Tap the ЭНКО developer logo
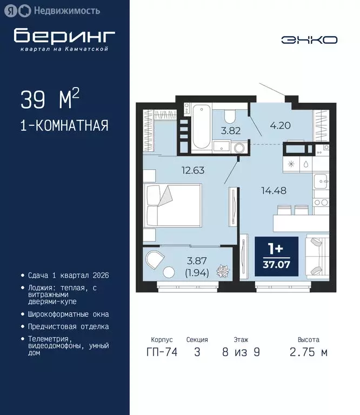click(x=309, y=39)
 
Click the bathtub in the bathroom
click(x=201, y=126)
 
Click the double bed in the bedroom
click(x=172, y=205)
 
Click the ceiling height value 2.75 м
click(x=309, y=352)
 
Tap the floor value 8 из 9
click(x=241, y=352)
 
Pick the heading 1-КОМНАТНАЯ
click(x=64, y=126)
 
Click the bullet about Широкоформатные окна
click(x=68, y=314)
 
